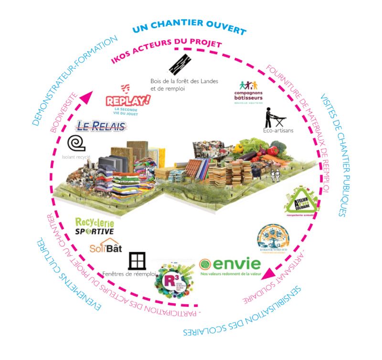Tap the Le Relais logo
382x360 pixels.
pyautogui.click(x=101, y=127)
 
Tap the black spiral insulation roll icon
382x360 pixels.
pyautogui.click(x=76, y=143)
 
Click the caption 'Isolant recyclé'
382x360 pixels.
pyautogui.click(x=76, y=156)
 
